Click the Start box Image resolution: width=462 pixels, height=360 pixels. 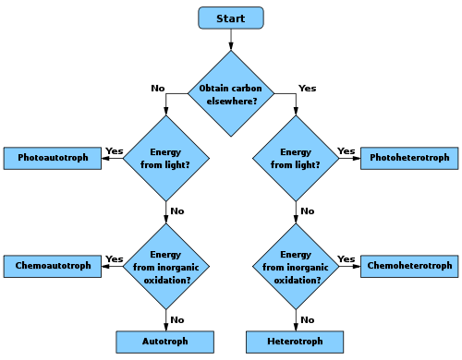point(231,18)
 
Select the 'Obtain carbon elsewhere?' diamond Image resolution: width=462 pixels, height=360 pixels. point(231,93)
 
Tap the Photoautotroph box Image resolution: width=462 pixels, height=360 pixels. point(53,158)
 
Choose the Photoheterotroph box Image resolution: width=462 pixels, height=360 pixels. point(409,158)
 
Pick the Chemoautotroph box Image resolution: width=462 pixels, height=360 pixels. point(53,266)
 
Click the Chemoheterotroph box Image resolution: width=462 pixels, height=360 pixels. point(409,266)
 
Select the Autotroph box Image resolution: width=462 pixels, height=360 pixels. point(165,342)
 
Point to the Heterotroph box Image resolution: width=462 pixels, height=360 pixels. point(295,342)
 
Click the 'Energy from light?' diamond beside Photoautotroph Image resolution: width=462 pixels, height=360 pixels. point(166,158)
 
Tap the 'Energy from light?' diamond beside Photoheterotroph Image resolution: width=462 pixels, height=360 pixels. point(296,158)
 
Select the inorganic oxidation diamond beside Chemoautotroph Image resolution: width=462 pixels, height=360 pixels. point(166,266)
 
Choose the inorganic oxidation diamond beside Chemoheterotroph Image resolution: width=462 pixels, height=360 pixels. point(296,266)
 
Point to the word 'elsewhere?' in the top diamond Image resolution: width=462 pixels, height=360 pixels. point(231,100)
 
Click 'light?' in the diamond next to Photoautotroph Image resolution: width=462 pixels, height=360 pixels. point(178,164)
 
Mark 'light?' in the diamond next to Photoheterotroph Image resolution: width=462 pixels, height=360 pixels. point(308,164)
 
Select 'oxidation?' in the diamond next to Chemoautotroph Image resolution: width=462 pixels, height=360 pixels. point(166,279)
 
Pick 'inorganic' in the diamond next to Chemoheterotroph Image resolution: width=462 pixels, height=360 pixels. point(307,267)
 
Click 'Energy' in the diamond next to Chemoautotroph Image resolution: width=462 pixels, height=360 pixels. point(166,255)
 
